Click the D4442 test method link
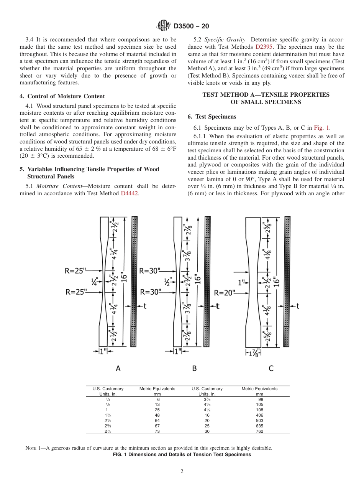(130, 193)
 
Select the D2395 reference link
(263, 46)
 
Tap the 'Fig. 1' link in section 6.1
(322, 128)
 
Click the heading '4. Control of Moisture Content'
(62, 96)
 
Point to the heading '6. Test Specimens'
(212, 117)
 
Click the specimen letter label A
(118, 368)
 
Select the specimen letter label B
(194, 368)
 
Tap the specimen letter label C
(271, 368)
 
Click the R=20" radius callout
(225, 293)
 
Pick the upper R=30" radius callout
(150, 270)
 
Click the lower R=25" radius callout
(76, 292)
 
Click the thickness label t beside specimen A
(145, 306)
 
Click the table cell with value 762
(259, 431)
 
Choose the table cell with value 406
(259, 415)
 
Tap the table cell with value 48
(157, 415)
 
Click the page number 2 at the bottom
(182, 472)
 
